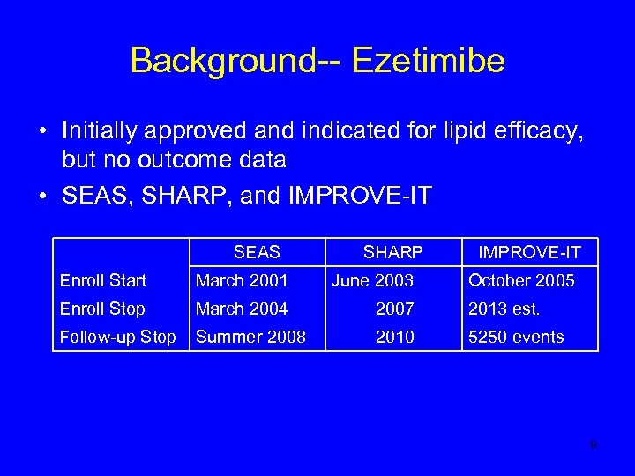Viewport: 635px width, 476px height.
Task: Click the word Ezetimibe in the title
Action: tap(428, 61)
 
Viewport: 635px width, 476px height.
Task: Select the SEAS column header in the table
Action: tap(257, 252)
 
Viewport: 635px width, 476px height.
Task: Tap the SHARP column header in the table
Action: tap(392, 252)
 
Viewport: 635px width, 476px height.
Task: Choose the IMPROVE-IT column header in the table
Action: tap(529, 253)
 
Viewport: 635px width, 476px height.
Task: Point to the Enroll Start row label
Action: tap(102, 280)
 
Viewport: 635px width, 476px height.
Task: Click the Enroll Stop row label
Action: tap(101, 309)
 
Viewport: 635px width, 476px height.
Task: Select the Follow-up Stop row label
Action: tap(117, 337)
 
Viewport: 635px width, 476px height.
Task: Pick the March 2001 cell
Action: tap(241, 280)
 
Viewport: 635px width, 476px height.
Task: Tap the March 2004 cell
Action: tap(241, 309)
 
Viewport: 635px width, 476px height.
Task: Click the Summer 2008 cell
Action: tap(250, 337)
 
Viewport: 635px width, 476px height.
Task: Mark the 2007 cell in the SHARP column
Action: tap(394, 309)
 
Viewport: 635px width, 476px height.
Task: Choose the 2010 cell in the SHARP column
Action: tap(394, 337)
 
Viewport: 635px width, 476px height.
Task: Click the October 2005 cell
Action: tap(521, 280)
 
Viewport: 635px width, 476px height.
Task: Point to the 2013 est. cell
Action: tap(504, 309)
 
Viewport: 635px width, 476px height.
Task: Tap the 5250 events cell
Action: tap(516, 337)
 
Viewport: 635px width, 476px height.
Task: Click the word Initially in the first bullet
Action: tap(102, 131)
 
